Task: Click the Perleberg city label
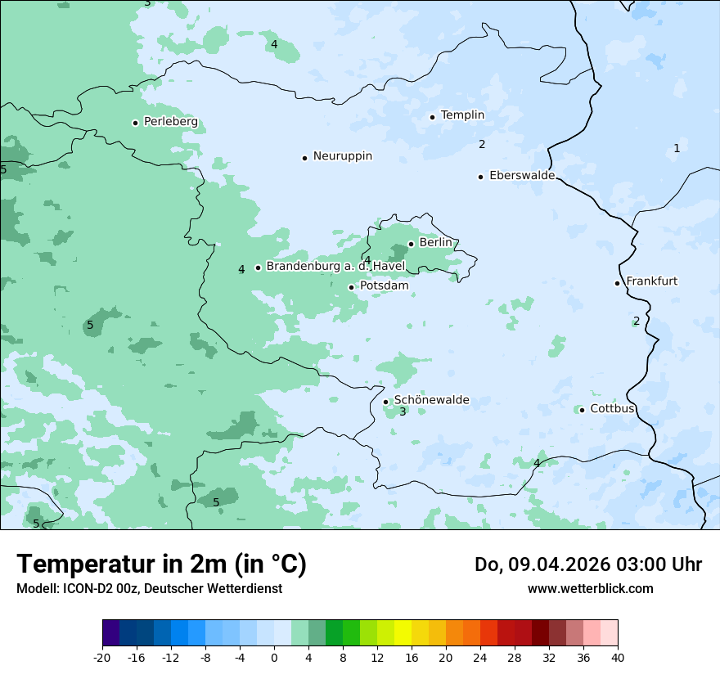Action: pos(170,122)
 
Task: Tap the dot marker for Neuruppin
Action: pos(304,158)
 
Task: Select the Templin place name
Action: pos(462,115)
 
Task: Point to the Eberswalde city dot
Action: pos(480,177)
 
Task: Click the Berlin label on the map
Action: pos(435,243)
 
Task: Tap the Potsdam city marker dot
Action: pos(351,287)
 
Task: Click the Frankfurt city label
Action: pos(651,281)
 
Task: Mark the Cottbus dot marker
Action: pos(582,410)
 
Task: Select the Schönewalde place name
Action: pos(431,400)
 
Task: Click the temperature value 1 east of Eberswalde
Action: pos(677,148)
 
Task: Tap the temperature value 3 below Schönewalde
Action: pos(403,412)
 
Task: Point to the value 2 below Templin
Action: pos(482,145)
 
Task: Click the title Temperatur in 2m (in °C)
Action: pos(161,564)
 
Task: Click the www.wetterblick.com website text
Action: pos(590,589)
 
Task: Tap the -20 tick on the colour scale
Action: pos(102,657)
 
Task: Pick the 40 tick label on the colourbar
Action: pos(618,657)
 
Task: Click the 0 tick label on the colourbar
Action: pos(274,657)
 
